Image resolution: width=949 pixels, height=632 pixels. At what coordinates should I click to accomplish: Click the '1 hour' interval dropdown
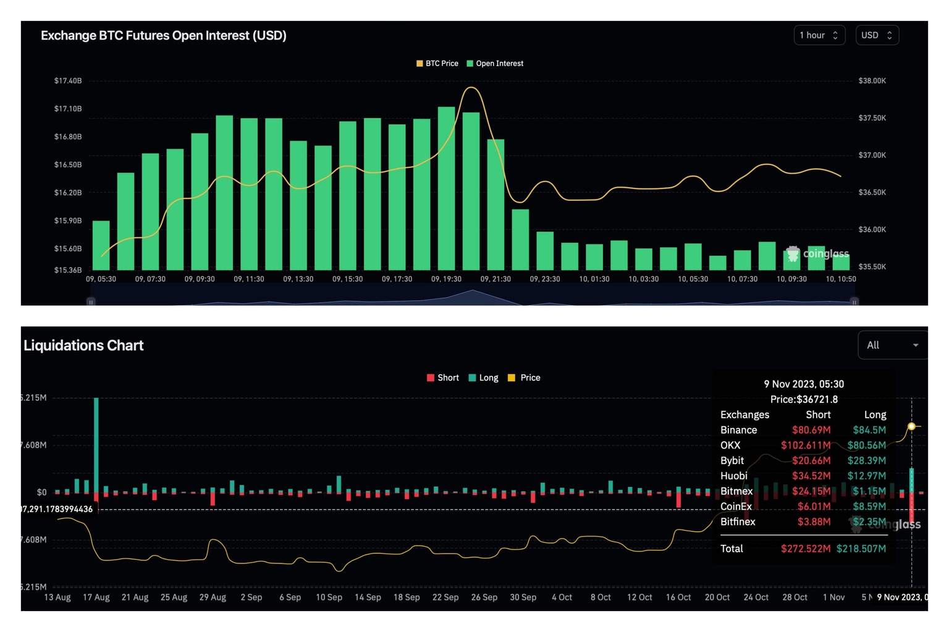pos(819,35)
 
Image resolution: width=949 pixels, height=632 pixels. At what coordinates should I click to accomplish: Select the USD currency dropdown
pos(877,35)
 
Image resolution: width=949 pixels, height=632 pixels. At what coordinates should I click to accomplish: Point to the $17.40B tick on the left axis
pos(68,81)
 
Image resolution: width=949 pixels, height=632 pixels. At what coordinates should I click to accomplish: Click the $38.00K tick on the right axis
pos(872,81)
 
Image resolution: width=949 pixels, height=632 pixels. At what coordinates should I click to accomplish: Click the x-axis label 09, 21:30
pos(496,279)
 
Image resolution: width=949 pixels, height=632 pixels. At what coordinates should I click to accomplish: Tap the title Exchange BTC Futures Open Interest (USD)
pos(164,36)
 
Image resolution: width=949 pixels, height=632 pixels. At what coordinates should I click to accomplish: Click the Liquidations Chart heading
pos(83,345)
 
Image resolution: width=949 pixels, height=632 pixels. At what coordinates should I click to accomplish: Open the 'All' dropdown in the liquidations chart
pos(892,345)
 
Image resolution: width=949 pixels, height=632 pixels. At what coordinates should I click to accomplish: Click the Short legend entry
pos(443,377)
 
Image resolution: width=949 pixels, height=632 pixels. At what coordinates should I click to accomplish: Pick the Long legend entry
pos(484,377)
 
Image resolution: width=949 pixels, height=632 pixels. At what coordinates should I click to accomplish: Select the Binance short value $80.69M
pos(811,430)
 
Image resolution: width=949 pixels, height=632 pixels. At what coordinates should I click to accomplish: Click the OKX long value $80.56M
pos(866,445)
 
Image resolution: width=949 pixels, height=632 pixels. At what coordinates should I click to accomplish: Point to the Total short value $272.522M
pos(805,549)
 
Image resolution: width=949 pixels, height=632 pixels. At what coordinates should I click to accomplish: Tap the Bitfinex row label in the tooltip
pos(738,522)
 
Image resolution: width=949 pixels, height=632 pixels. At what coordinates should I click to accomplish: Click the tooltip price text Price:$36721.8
pos(804,400)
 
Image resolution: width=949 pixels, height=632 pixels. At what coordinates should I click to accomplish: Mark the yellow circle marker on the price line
pos(911,426)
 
